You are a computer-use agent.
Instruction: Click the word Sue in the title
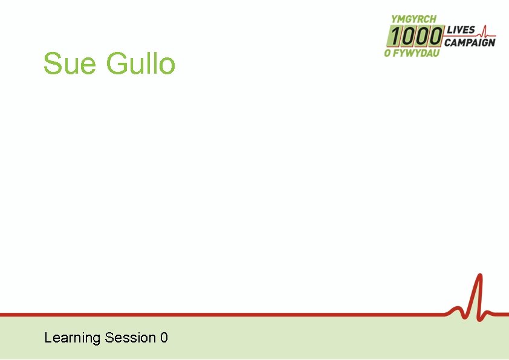click(x=63, y=64)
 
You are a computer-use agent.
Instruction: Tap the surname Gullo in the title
click(x=140, y=64)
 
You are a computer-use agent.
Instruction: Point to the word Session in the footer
click(x=131, y=338)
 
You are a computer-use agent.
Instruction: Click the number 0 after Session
click(x=164, y=338)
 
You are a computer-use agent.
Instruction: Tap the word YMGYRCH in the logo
click(x=413, y=19)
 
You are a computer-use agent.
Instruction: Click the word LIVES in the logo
click(x=460, y=30)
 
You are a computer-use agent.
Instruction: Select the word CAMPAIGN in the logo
click(x=470, y=42)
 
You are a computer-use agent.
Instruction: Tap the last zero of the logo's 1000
click(x=435, y=37)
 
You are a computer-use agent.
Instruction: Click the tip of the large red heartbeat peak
click(x=480, y=276)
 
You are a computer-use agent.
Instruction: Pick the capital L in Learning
click(x=48, y=338)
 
